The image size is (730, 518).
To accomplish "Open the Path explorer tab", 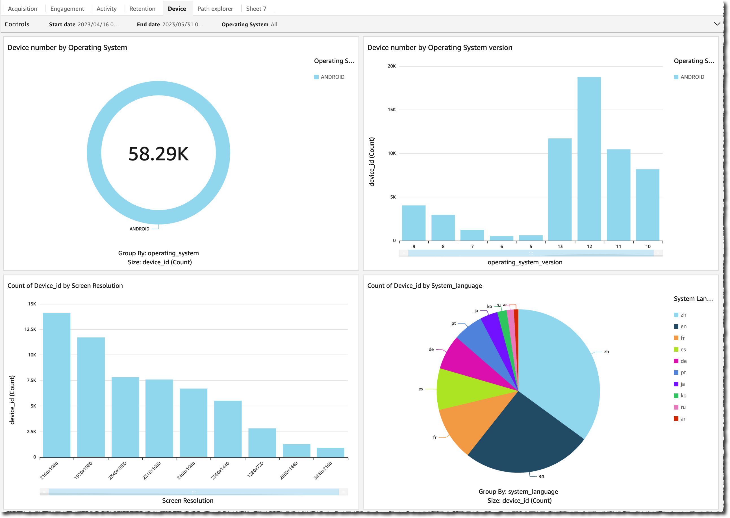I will click(215, 8).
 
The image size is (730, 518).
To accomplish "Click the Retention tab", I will click(142, 8).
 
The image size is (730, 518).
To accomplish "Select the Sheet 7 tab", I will click(256, 8).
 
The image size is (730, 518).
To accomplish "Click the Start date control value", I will click(98, 25).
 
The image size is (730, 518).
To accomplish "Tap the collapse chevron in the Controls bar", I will click(717, 24).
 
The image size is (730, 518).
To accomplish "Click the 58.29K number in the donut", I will click(158, 154).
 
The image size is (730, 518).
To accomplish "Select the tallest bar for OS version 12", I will click(589, 160).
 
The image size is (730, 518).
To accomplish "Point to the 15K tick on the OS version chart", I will click(392, 110).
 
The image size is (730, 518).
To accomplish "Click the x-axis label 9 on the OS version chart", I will click(414, 247).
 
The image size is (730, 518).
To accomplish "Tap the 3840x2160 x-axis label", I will click(323, 471).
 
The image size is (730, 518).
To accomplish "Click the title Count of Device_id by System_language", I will click(424, 286).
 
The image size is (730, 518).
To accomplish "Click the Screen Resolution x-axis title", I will click(188, 500).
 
